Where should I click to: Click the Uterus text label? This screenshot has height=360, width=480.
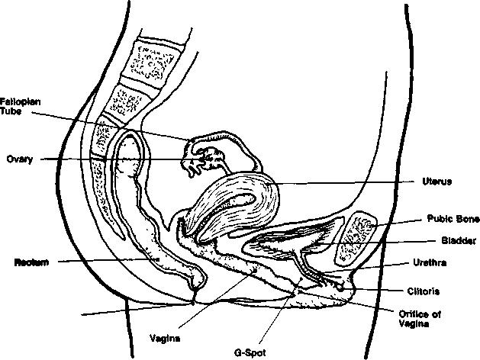[x=437, y=182]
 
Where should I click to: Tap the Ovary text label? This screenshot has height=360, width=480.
[x=18, y=159]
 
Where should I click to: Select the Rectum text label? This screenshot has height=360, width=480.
[x=31, y=262]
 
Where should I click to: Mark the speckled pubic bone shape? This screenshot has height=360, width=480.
[x=358, y=233]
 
